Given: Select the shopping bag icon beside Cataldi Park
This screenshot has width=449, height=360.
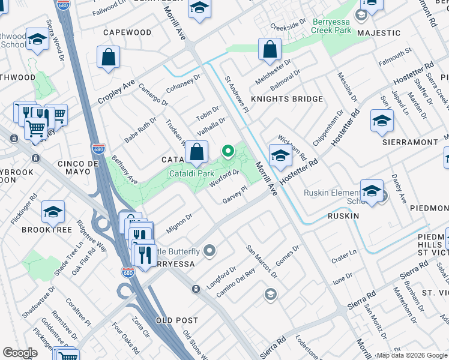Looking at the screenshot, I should coord(196,153).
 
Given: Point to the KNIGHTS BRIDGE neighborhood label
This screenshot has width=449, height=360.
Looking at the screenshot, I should coord(279,99).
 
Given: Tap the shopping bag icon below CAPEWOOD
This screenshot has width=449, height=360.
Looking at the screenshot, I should coord(108,58).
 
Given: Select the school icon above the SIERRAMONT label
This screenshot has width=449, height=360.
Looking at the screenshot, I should coord(382,122).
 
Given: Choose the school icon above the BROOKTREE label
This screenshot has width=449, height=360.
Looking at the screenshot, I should coord(53,212).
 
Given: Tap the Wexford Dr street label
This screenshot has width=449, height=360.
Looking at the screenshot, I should coord(225,178).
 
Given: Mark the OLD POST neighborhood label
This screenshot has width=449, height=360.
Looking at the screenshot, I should coord(177,321).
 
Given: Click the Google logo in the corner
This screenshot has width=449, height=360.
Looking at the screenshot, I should coord(20,353).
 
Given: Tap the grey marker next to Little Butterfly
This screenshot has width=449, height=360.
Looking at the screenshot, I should coord(209,250).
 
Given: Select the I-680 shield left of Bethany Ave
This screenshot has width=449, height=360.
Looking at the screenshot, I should coord(98,149).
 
